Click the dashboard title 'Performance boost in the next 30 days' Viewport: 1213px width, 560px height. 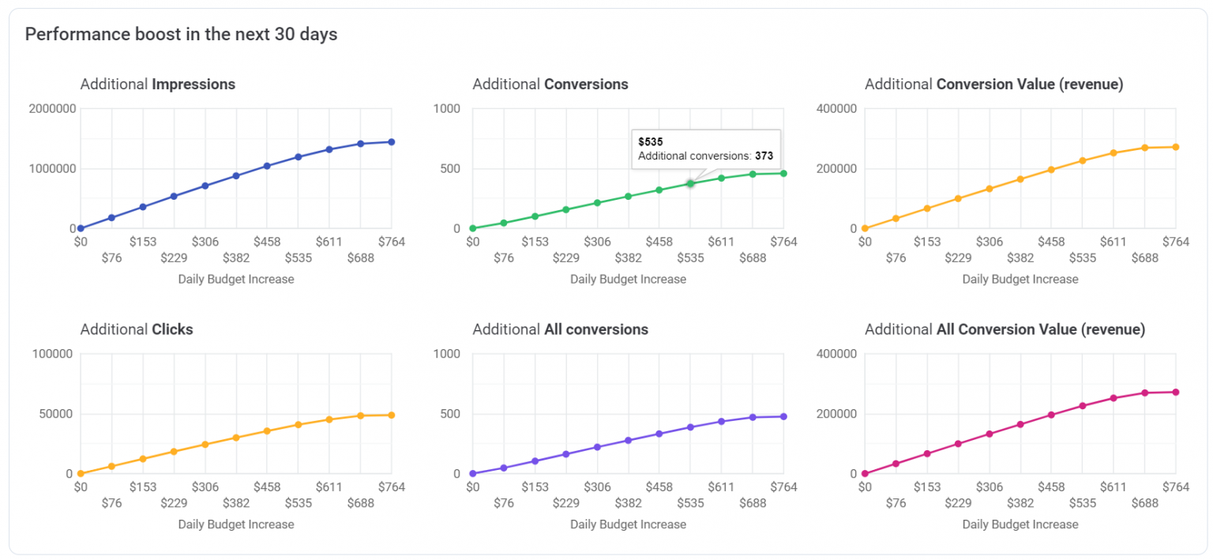182,35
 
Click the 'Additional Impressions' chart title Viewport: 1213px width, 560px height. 157,84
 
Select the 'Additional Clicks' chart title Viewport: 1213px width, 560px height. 136,329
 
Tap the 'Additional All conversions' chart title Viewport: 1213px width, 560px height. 560,329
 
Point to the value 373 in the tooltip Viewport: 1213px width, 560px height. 764,156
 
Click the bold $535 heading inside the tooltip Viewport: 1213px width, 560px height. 651,142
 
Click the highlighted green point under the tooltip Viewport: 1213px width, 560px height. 690,183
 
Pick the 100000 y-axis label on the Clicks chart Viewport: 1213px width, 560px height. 52,354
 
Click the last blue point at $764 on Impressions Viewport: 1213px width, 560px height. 391,142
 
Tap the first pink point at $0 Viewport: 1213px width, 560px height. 865,474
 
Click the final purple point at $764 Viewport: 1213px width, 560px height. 783,416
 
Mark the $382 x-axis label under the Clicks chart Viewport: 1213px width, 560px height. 236,503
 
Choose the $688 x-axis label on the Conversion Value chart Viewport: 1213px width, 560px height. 1145,257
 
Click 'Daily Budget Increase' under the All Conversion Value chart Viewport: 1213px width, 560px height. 1020,524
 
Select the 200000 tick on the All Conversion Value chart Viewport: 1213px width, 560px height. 836,414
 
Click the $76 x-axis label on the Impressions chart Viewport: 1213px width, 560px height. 111,257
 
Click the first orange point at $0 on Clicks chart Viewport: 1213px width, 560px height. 81,474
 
